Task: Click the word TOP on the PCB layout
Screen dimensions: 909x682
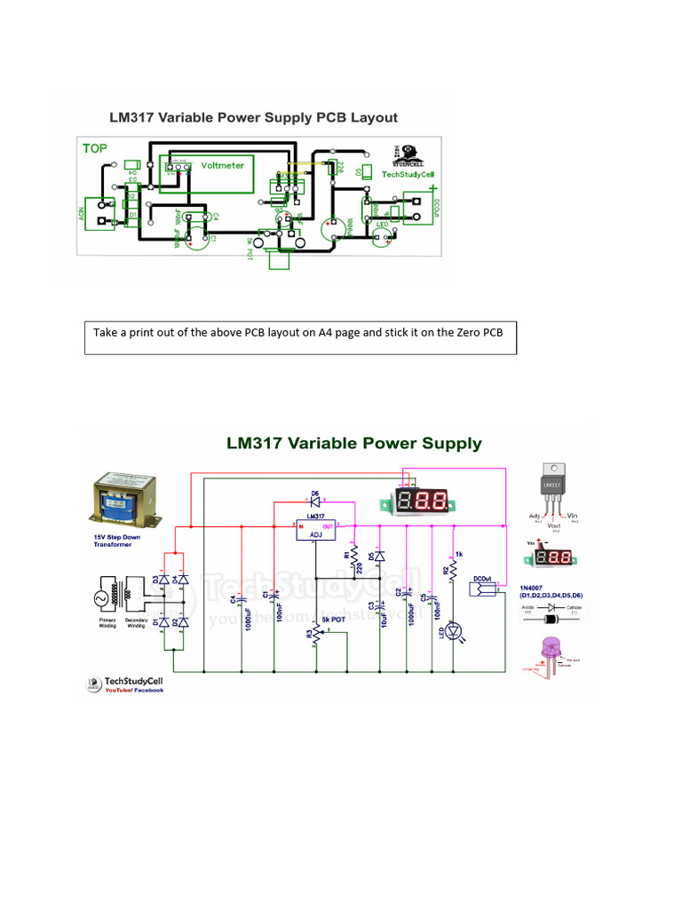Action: click(x=95, y=148)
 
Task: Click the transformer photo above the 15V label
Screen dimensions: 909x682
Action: click(x=125, y=502)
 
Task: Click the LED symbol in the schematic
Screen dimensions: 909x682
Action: click(x=454, y=630)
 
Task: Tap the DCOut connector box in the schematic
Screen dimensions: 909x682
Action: click(x=485, y=589)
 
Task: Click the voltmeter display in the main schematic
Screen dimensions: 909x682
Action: click(x=422, y=501)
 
